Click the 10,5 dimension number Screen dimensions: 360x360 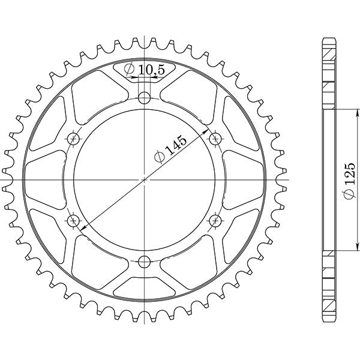151,71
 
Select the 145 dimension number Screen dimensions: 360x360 177,145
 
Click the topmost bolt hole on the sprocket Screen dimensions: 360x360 144,98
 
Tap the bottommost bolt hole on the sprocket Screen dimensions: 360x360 144,261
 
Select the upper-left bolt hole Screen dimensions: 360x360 74,139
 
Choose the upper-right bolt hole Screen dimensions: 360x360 214,139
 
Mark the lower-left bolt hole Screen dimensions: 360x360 74,221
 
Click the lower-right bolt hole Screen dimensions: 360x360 214,221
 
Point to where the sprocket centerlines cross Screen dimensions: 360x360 144,179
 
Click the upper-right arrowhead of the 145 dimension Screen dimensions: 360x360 208,130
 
